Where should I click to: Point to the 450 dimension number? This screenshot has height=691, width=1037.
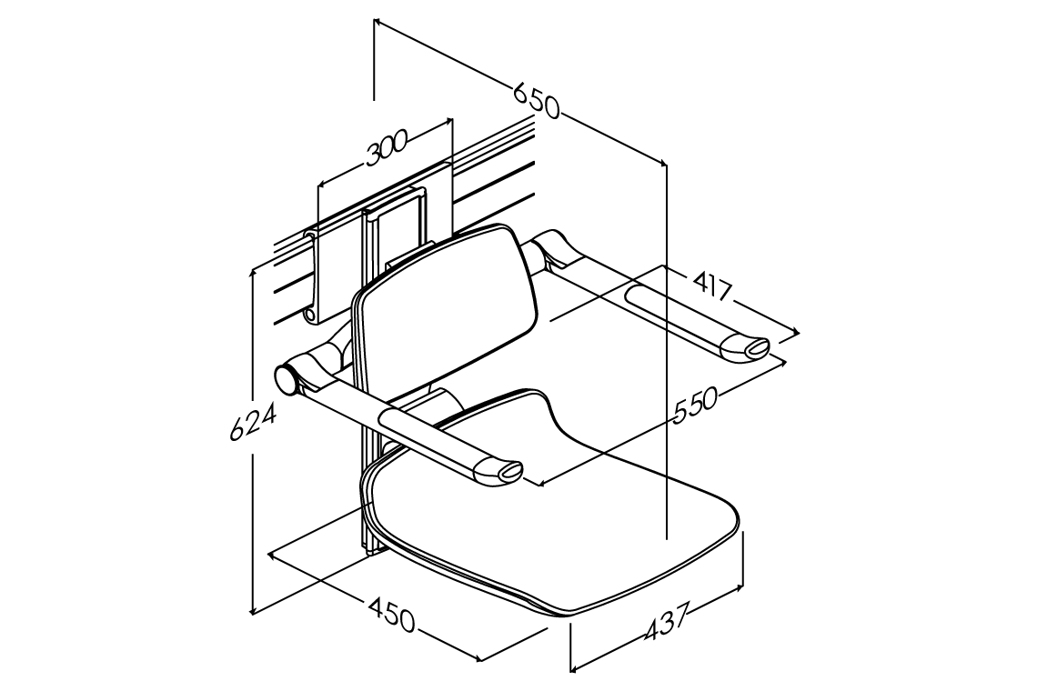391,614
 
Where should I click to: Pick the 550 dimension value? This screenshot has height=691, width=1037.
695,405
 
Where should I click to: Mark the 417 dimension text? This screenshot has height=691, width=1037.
712,285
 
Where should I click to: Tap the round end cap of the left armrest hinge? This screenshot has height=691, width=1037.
286,381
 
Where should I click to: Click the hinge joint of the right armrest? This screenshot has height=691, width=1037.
551,248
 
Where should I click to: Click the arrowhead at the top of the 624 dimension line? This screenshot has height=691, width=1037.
252,270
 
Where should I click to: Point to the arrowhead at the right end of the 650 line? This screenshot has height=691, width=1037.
663,163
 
